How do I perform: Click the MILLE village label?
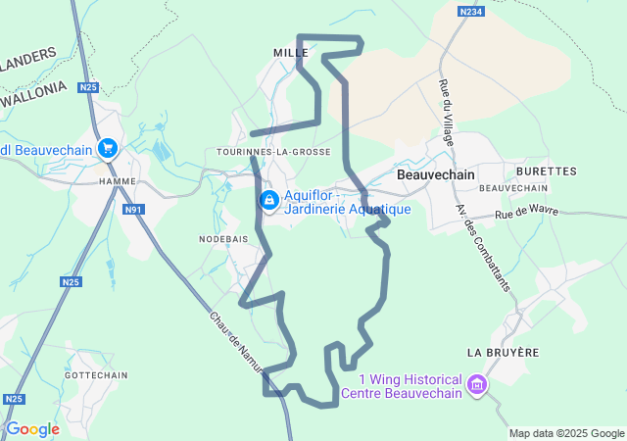point(291,52)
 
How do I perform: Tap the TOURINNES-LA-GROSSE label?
point(273,152)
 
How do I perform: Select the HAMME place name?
point(118,181)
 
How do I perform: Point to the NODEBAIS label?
point(223,239)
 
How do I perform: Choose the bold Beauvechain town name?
point(436,172)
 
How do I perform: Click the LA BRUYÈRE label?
point(503,352)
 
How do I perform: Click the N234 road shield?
point(472,11)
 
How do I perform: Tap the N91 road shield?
point(134,210)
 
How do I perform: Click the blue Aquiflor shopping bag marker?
point(268,200)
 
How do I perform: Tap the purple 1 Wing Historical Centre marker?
point(477,382)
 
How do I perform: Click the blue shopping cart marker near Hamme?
point(108,149)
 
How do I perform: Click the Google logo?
point(32,429)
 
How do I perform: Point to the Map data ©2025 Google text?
point(566,433)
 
